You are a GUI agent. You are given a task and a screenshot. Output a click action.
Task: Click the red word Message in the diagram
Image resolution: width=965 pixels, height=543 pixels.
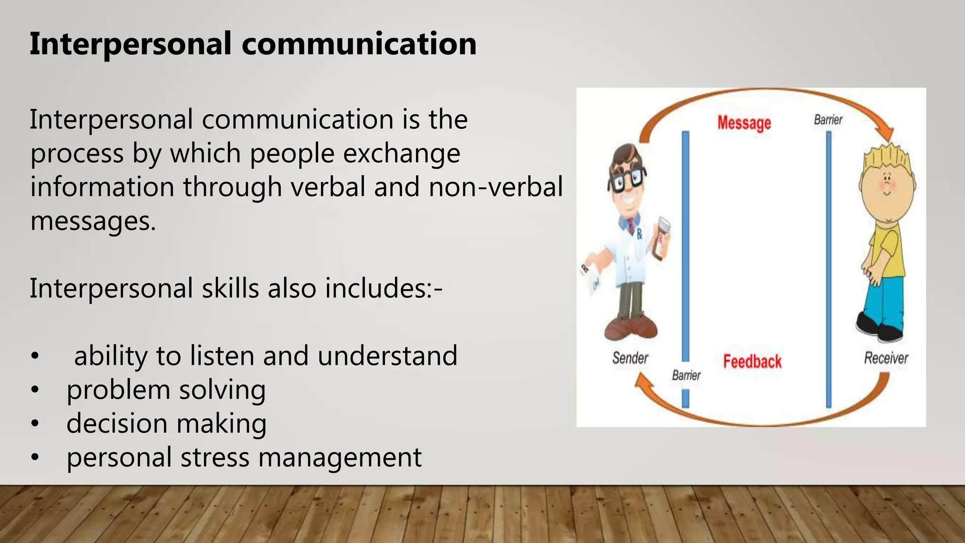pos(744,123)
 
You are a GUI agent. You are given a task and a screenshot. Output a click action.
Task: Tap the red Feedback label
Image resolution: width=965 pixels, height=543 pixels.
pos(752,362)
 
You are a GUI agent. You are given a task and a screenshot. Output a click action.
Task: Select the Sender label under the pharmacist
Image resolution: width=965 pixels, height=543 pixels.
pos(630,358)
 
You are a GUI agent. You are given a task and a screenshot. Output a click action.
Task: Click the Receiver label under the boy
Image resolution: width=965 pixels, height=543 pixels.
pos(886,358)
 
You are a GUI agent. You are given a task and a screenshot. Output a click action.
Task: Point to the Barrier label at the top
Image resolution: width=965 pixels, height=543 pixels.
pos(828,120)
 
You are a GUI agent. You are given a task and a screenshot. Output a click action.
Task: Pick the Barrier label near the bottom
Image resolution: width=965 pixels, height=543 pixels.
pos(686,375)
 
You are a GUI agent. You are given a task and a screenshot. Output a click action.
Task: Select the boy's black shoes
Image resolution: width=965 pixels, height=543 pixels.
pos(879,328)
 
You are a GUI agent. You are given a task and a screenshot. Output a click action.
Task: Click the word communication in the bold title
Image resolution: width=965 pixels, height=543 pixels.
pos(359,44)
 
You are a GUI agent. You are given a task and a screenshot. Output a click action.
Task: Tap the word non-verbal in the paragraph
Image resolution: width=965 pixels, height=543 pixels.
pos(496,187)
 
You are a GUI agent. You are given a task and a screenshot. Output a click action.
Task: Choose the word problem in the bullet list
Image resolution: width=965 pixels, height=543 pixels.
pos(118,390)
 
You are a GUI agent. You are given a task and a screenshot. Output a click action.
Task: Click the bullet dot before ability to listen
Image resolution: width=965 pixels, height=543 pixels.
pos(34,357)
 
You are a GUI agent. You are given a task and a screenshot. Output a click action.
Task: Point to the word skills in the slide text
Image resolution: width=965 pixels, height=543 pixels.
pos(230,288)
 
